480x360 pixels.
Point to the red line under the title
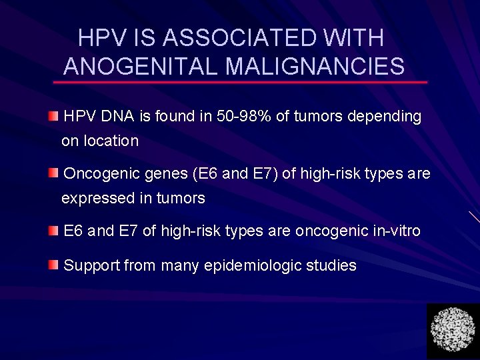(x=240, y=82)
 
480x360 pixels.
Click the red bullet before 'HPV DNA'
(x=53, y=117)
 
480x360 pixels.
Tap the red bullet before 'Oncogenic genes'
(x=53, y=174)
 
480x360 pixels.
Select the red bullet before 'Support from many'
(x=53, y=265)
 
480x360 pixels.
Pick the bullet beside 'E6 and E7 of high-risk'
(x=53, y=231)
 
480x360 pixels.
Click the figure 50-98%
(x=244, y=117)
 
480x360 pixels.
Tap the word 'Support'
(x=91, y=265)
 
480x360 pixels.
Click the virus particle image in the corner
(x=453, y=330)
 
